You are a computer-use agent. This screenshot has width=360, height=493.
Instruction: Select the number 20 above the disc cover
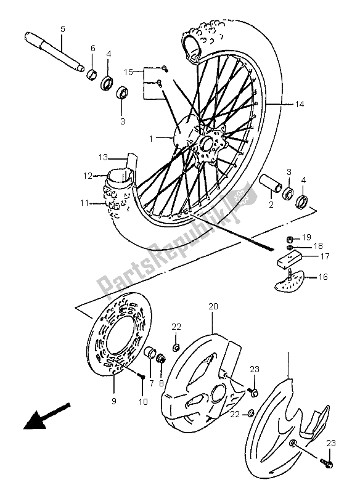point(213,306)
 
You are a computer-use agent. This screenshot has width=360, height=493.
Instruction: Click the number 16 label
point(323,278)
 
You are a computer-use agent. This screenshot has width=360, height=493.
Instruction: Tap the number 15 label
point(128,73)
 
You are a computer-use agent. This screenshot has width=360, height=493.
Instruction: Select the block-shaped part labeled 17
point(286,256)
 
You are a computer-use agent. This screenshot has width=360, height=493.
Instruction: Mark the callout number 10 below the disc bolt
point(143,402)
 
